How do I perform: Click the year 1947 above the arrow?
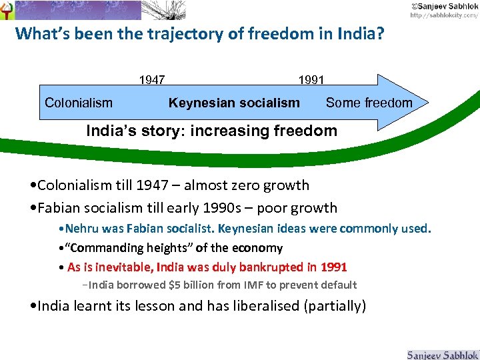pyautogui.click(x=152, y=81)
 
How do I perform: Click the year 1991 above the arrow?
pyautogui.click(x=311, y=81)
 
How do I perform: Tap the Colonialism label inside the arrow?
pyautogui.click(x=79, y=103)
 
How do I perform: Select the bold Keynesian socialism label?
pyautogui.click(x=234, y=103)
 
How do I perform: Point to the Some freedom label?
pyautogui.click(x=369, y=103)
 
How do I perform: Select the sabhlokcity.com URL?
pyautogui.click(x=443, y=15)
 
